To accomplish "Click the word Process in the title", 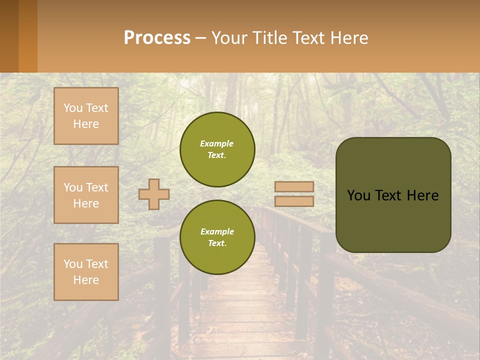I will coord(157,37).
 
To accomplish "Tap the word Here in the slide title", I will coord(349,38).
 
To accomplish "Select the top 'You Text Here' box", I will coord(86,116).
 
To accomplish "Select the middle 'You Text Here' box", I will coord(86,195).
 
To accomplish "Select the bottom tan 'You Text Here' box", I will coord(86,271).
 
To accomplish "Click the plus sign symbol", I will coord(154,194).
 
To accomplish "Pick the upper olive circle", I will coord(217,149).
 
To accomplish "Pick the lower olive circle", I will coord(217,237).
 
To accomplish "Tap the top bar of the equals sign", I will coord(294,186).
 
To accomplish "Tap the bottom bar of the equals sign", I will coord(294,201).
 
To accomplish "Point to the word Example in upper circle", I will coord(216,143).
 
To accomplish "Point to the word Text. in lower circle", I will coord(217,243).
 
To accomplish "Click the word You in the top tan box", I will coord(72,108).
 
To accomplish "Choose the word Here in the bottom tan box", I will coord(86,280).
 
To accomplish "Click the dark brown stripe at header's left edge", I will coord(9,36).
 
